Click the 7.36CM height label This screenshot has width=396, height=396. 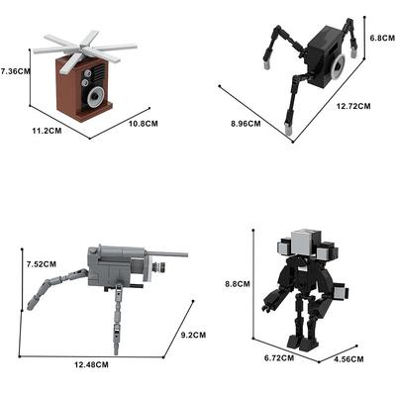pyautogui.click(x=15, y=70)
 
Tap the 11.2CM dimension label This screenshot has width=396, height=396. pyautogui.click(x=47, y=131)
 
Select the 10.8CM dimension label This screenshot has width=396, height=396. pyautogui.click(x=144, y=124)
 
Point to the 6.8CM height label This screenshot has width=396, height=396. pyautogui.click(x=382, y=38)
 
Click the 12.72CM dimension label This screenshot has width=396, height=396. pyautogui.click(x=353, y=106)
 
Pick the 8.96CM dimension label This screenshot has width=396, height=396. pyautogui.click(x=246, y=124)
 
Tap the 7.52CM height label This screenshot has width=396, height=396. pyautogui.click(x=42, y=264)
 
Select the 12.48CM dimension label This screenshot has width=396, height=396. pyautogui.click(x=91, y=364)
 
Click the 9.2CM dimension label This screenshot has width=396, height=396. pyautogui.click(x=193, y=335)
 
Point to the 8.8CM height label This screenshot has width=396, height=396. pyautogui.click(x=238, y=284)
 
